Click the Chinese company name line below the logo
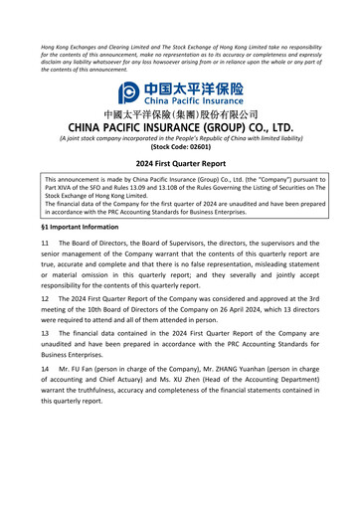180,116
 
